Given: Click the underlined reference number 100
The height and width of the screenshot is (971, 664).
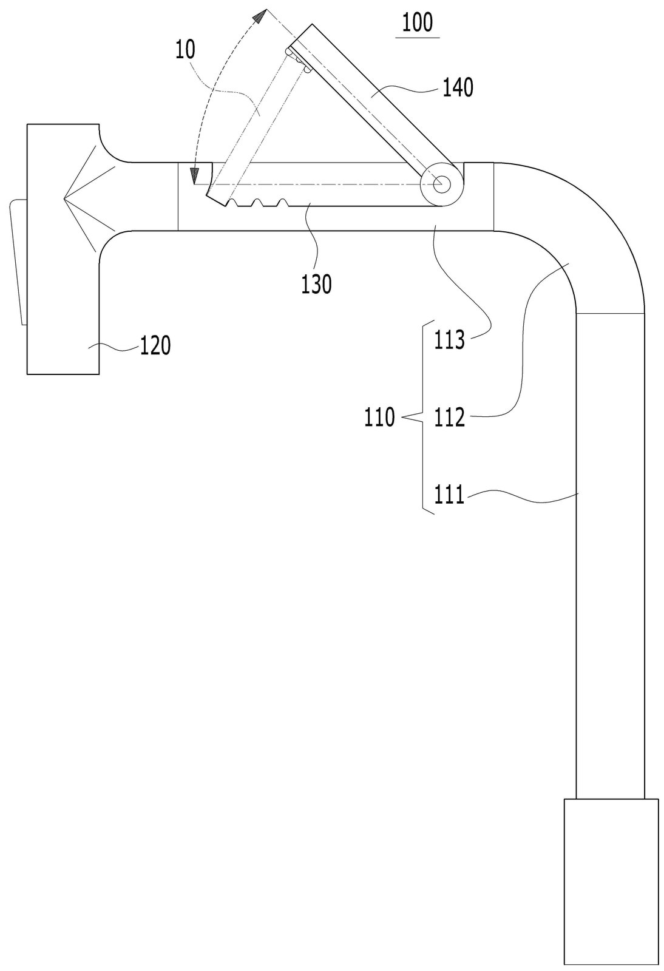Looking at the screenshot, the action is coord(418,24).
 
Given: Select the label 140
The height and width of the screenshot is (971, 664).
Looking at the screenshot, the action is coord(458,88).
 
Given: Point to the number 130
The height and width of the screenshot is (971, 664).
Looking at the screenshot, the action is coord(316,285).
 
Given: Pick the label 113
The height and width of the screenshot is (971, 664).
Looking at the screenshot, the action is coord(450,340).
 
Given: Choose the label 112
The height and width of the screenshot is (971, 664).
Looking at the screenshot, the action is coord(450,418).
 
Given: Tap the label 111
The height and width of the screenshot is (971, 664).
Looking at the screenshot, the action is coord(450,495).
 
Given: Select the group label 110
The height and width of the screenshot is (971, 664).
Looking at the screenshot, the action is coord(380,417).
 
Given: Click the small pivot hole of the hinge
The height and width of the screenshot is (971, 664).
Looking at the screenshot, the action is coord(442,184).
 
